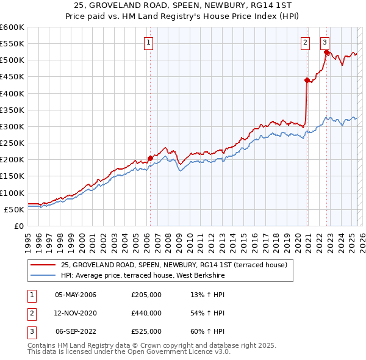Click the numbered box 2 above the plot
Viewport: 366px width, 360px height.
pos(305,42)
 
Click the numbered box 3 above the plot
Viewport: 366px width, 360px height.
pos(325,42)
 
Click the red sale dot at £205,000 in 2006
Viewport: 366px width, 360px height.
pos(150,158)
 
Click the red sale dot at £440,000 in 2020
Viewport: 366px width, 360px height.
pos(307,80)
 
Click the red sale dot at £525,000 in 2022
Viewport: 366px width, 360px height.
pos(326,52)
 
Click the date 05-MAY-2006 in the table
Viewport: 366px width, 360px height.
pos(76,295)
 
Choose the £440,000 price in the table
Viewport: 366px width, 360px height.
pos(146,313)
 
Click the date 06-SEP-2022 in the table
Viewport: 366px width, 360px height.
pos(76,331)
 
